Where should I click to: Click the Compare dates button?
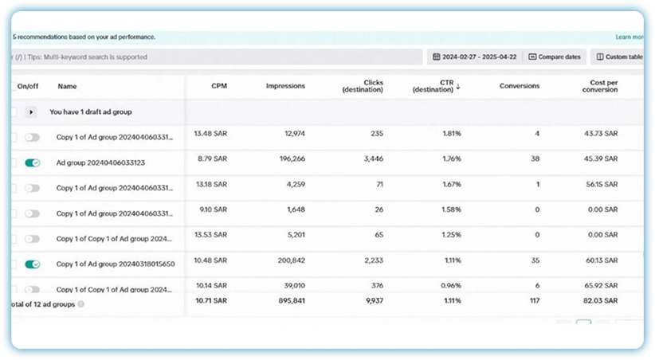coord(555,57)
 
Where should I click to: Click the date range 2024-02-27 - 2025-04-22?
coord(475,57)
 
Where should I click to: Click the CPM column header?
coord(218,86)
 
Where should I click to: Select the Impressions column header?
coord(285,86)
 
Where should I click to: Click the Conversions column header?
coord(520,86)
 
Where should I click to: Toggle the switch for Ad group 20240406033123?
coord(33,162)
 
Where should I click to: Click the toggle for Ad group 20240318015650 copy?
coord(33,264)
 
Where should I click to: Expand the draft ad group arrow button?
coord(32,112)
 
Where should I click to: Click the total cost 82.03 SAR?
coord(602,300)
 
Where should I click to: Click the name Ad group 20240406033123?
coord(100,162)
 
